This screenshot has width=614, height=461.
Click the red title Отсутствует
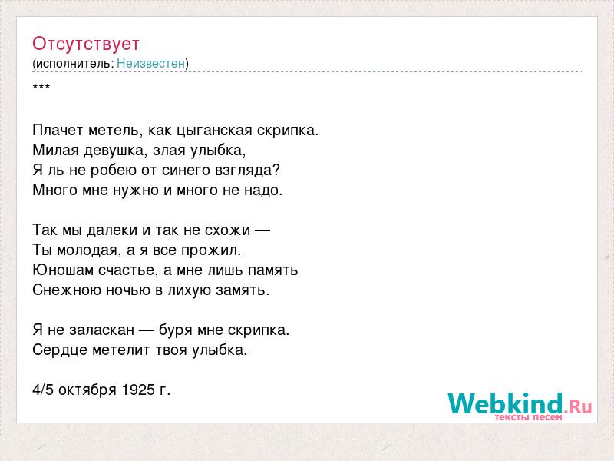click(86, 44)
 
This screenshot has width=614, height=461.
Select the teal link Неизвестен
click(150, 64)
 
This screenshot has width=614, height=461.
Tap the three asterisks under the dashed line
click(41, 87)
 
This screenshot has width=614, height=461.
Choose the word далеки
click(112, 230)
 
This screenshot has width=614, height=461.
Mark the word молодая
click(87, 250)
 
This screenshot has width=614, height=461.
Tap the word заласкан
click(102, 330)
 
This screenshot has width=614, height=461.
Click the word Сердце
click(60, 350)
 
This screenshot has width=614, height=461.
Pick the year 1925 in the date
click(138, 390)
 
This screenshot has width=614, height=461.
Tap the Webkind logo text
click(520, 403)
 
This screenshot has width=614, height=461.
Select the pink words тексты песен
click(528, 417)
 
